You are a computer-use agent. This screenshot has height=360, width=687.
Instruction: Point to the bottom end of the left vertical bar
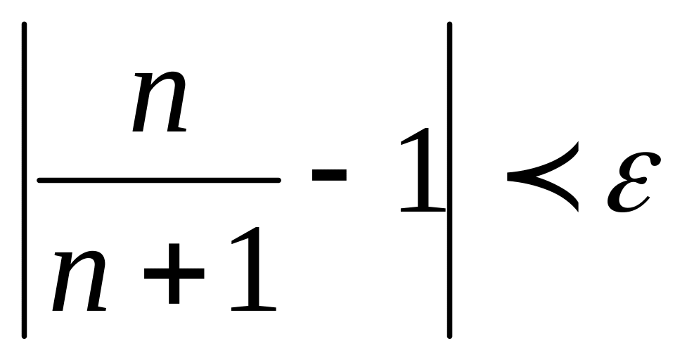(x=25, y=337)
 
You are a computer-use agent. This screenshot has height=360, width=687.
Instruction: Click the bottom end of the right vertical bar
(x=449, y=337)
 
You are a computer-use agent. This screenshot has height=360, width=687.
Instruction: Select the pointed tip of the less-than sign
(x=508, y=176)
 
